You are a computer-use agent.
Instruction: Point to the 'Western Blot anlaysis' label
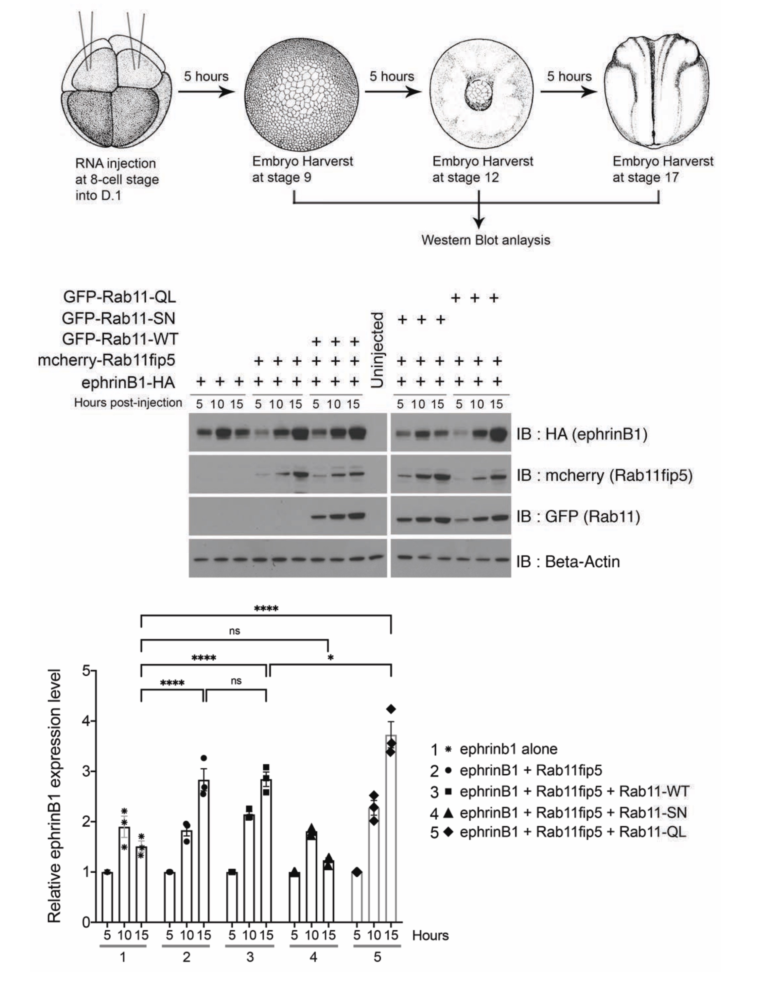coord(486,240)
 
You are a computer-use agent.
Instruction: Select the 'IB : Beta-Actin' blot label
coord(568,562)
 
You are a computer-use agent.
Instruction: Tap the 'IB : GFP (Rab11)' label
coord(578,517)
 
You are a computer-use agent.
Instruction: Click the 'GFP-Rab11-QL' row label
coord(119,297)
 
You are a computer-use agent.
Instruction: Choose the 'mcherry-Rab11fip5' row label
coord(106,360)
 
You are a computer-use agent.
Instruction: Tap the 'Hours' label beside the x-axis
coord(430,936)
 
